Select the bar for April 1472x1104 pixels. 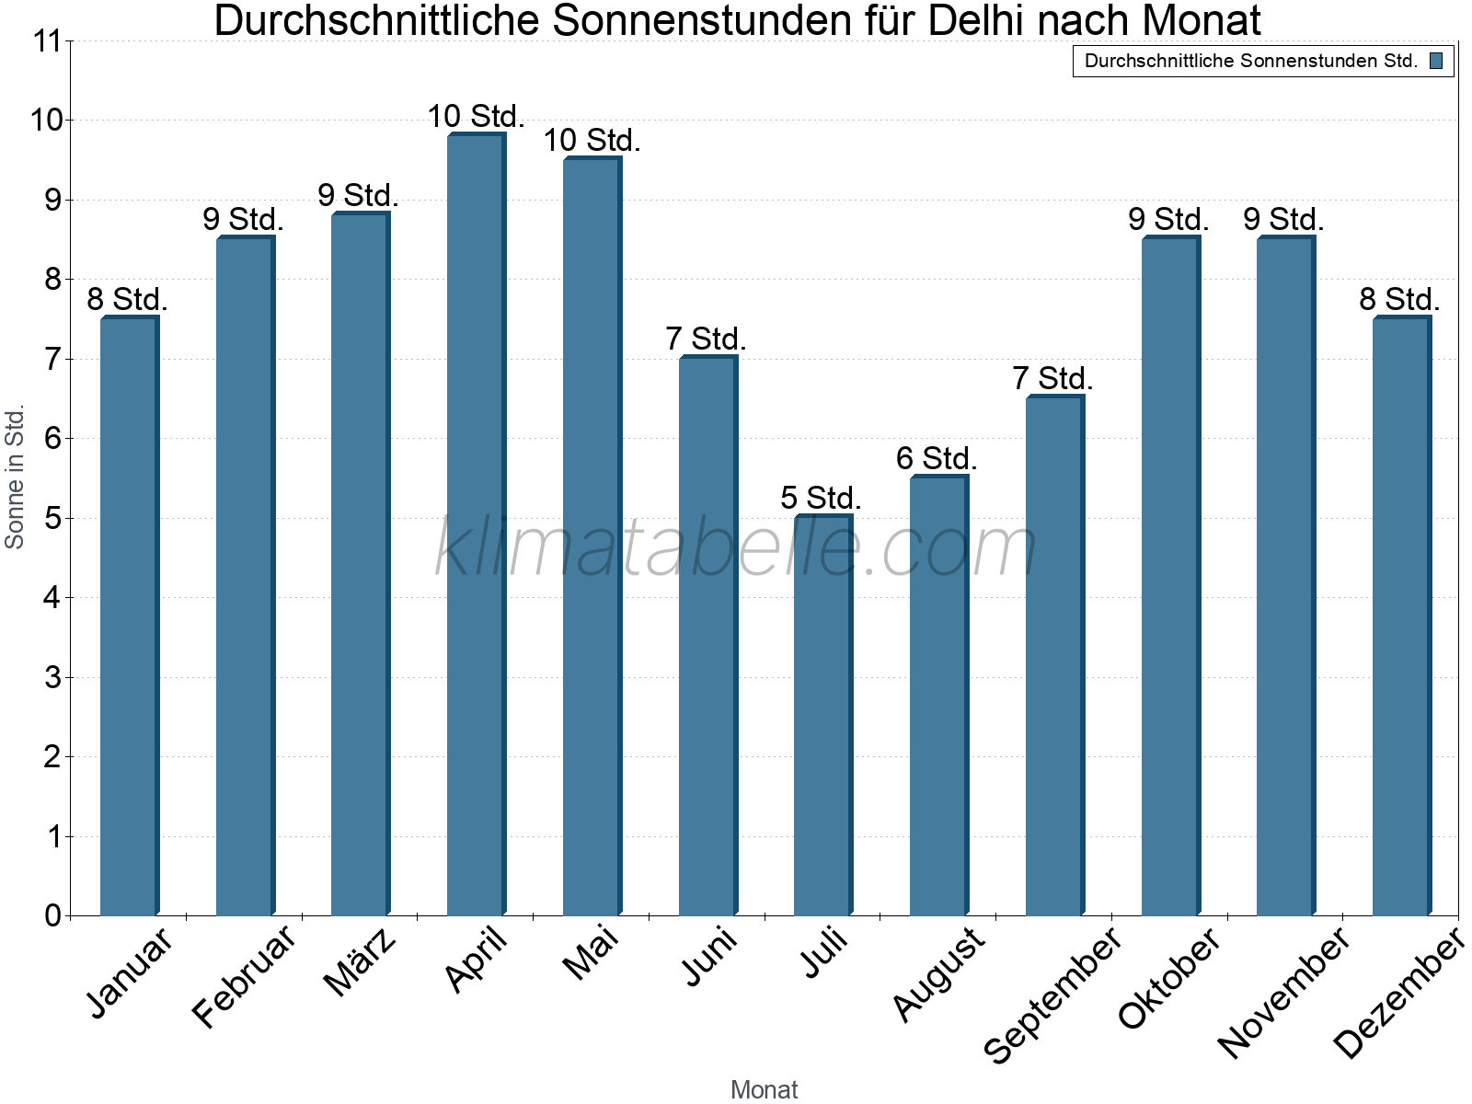coord(476,524)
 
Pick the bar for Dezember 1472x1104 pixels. coord(1401,615)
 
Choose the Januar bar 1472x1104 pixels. coord(129,615)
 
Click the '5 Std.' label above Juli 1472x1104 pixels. coord(821,498)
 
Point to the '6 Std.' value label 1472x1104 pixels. coord(937,458)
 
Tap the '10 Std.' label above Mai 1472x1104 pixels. coord(592,141)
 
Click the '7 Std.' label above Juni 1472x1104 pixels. coord(706,339)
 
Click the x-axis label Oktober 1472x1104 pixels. coord(1169,978)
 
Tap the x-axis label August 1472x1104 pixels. coord(938,974)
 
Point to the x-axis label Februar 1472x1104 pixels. coord(245,976)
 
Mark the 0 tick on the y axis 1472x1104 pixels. coord(52,915)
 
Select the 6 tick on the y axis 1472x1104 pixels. coord(52,439)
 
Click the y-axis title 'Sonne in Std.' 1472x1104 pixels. coord(15,477)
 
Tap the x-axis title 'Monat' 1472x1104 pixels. coord(764,1089)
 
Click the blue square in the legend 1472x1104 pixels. coord(1436,62)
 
